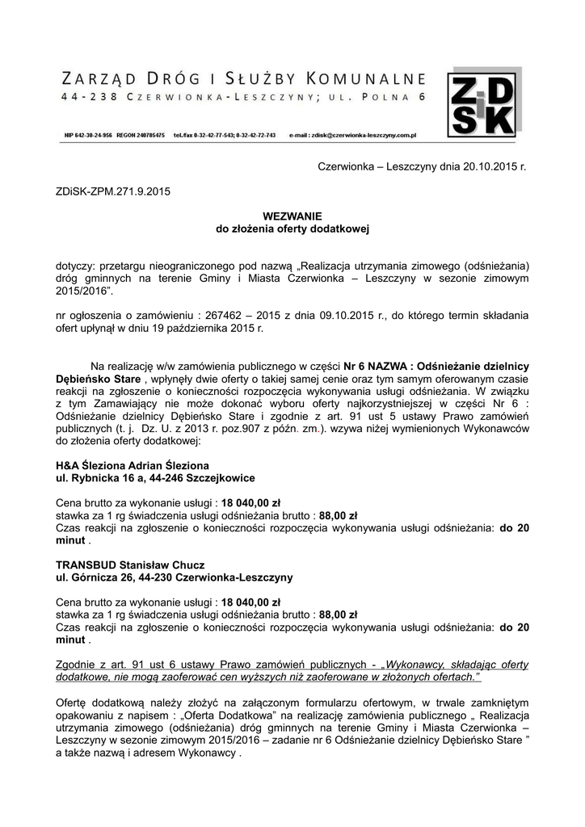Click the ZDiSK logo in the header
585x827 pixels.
(x=483, y=106)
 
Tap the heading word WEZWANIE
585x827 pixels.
(x=292, y=216)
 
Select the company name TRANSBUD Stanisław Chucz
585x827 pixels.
(x=129, y=564)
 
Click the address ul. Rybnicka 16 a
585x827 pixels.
(x=105, y=478)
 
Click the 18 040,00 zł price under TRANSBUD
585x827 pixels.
(x=250, y=602)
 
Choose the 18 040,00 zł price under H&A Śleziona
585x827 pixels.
(x=250, y=502)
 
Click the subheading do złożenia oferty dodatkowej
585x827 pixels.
(x=292, y=229)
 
